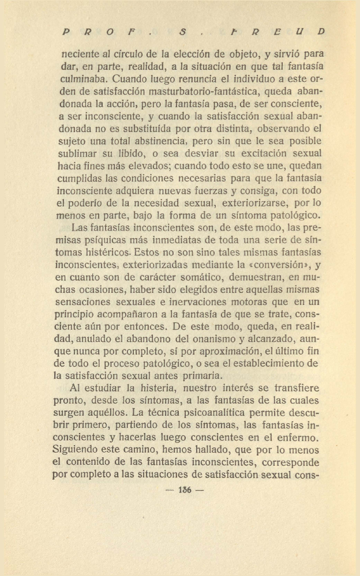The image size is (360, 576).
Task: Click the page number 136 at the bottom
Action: tap(185, 491)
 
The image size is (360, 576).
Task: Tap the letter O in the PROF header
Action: tap(108, 31)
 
